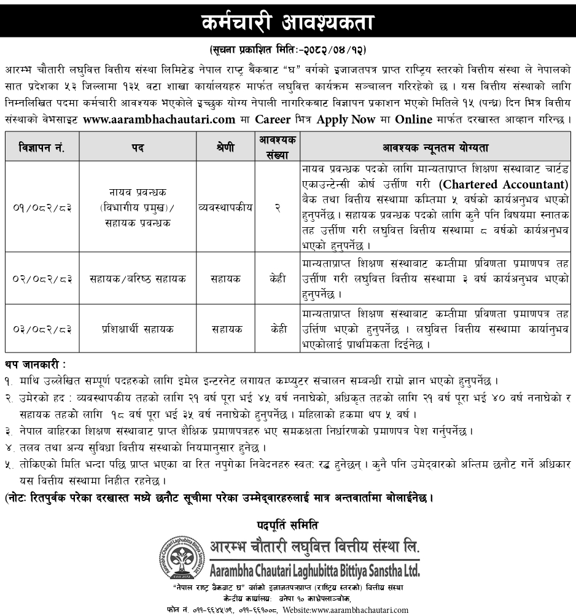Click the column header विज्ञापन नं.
click(x=41, y=148)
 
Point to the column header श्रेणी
click(x=225, y=148)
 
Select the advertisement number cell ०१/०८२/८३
click(x=41, y=207)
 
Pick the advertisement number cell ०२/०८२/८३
click(x=41, y=278)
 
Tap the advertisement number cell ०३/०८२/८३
click(x=41, y=329)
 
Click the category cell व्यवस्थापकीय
click(x=225, y=207)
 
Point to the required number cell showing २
click(x=278, y=207)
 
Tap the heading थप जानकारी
click(x=34, y=365)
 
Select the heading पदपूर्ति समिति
click(x=288, y=524)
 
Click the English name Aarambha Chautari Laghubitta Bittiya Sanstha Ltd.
click(x=314, y=571)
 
